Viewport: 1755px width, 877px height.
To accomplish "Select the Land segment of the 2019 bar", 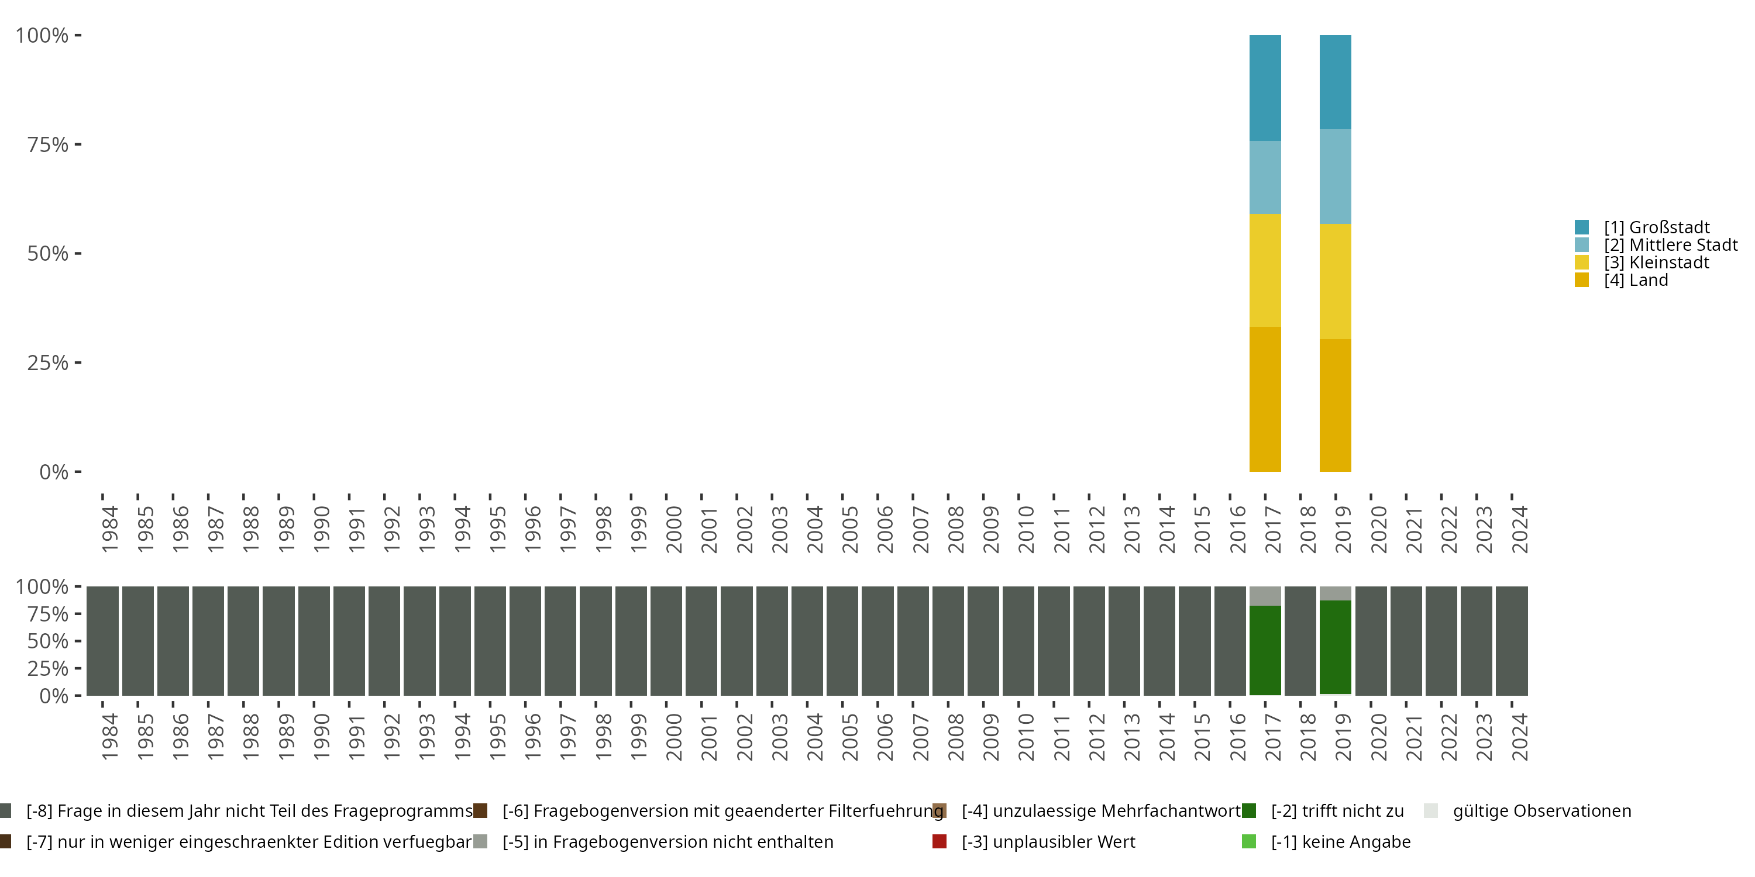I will (1336, 405).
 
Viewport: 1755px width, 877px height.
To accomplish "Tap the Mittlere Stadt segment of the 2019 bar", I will (1336, 177).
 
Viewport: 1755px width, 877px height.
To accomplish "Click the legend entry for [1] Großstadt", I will (1656, 227).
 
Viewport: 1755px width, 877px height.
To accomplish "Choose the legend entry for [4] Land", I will (1635, 281).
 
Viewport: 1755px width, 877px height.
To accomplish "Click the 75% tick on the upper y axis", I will (48, 144).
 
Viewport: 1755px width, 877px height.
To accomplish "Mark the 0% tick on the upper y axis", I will (53, 472).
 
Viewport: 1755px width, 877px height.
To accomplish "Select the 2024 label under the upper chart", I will (1519, 529).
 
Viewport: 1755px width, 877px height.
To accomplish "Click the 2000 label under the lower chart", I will (673, 737).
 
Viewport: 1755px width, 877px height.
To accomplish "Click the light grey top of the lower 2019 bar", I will (1336, 593).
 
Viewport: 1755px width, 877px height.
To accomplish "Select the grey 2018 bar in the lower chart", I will (1300, 641).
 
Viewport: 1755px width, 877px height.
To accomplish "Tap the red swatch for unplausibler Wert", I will (940, 841).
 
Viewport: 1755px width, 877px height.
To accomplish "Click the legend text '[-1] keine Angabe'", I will (1340, 841).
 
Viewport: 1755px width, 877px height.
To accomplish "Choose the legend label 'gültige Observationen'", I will (1541, 811).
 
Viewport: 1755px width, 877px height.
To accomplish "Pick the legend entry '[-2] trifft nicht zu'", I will (1337, 811).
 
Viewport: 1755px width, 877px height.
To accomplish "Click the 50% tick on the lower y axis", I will (48, 641).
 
